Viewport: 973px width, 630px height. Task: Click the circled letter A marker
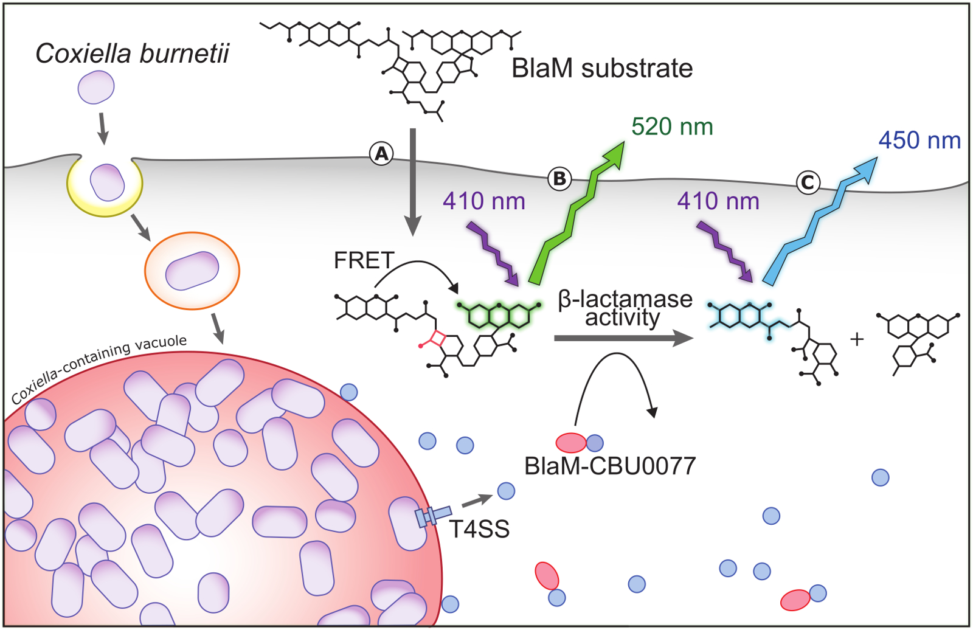(381, 153)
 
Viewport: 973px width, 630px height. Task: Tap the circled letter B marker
(559, 179)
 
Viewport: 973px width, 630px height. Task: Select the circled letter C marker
(808, 182)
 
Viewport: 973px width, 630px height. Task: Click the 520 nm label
(672, 127)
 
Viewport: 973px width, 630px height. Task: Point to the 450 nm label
(919, 140)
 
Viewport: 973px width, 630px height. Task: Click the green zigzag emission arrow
(577, 213)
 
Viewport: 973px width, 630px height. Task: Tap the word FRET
(364, 261)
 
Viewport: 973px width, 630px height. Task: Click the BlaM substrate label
(602, 68)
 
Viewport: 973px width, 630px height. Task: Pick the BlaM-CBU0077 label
(610, 466)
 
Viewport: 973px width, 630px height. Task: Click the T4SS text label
(479, 529)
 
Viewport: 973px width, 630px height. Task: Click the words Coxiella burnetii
(132, 54)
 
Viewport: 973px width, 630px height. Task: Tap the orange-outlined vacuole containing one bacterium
(192, 271)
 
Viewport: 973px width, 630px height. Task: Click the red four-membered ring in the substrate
(438, 339)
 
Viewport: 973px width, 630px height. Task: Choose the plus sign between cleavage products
(857, 339)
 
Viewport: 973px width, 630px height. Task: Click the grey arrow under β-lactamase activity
(623, 338)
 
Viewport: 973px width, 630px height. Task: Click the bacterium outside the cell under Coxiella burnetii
(96, 88)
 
